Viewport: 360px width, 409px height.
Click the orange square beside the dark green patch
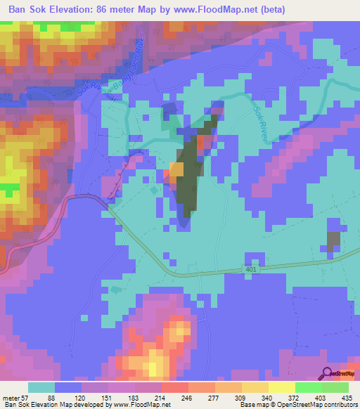coord(176,169)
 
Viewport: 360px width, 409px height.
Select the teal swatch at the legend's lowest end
coord(41,388)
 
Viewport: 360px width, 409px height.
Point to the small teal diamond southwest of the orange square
coord(156,190)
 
